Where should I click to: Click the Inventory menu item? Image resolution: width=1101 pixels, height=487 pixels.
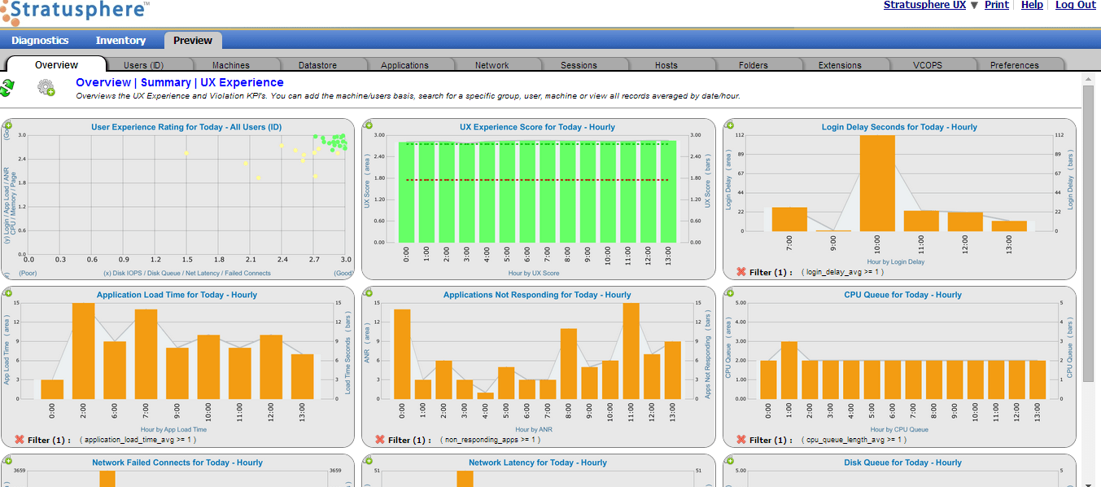120,41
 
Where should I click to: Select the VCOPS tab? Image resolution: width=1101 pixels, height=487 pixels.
927,65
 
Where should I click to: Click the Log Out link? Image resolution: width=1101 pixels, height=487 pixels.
1076,5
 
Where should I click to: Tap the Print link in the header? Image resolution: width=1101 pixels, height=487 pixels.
996,5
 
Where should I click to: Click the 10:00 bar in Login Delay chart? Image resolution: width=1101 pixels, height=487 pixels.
877,183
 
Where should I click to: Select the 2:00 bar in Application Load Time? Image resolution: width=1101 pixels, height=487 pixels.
83,351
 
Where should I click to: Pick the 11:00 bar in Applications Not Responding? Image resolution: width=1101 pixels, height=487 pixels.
631,351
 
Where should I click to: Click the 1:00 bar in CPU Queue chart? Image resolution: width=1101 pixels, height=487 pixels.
789,371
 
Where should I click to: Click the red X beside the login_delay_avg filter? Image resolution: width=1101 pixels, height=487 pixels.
741,272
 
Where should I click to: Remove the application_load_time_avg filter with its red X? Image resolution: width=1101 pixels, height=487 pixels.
19,440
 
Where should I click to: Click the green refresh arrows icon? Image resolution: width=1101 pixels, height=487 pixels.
7,87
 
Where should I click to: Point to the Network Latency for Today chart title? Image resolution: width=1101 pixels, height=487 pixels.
537,463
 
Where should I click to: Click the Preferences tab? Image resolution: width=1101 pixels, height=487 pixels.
1014,65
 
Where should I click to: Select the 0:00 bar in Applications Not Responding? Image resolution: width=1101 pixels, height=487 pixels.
401,354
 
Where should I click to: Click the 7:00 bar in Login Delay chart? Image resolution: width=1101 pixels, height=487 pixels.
789,220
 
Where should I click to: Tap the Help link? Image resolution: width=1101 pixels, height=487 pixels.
1032,5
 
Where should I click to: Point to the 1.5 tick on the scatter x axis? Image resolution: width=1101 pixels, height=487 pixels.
186,260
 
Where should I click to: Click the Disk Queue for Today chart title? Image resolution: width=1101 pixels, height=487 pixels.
898,463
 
